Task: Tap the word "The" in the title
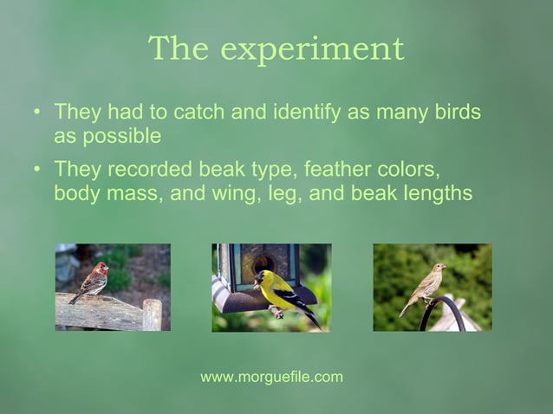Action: (x=179, y=49)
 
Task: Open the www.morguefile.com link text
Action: (x=271, y=377)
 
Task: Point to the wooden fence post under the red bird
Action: (x=152, y=314)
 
